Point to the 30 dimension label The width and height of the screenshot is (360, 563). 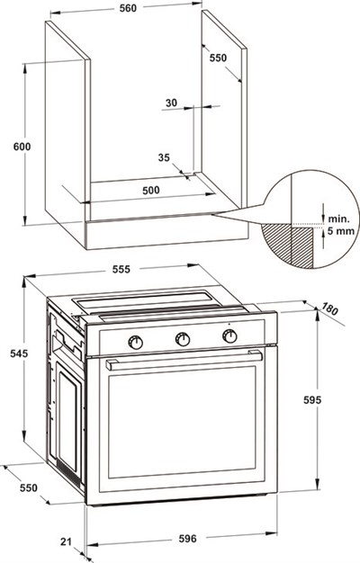(172, 103)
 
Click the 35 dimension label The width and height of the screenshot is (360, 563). (164, 157)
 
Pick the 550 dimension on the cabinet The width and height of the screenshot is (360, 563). (218, 58)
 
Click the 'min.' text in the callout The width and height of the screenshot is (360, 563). (338, 219)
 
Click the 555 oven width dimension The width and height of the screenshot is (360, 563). (124, 269)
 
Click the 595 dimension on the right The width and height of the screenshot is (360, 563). (335, 399)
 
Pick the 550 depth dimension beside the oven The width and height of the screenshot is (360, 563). (29, 487)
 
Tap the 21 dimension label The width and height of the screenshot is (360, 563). (65, 540)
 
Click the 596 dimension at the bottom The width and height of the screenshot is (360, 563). (186, 540)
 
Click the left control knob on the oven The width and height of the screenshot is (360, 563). (137, 341)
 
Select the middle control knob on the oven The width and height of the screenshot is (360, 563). (183, 339)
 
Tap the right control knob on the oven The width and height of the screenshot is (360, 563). (229, 337)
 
